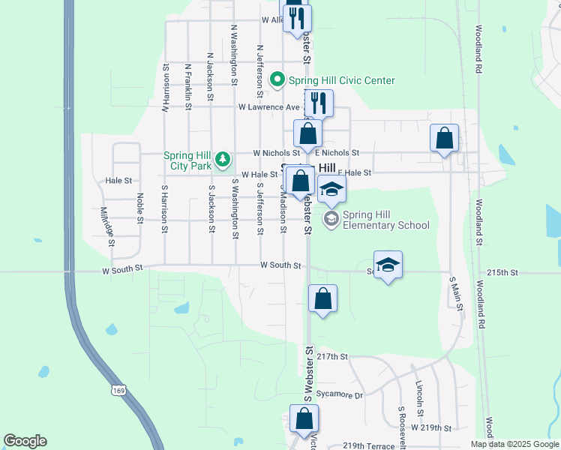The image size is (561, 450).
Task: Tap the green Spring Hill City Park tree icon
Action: tap(222, 159)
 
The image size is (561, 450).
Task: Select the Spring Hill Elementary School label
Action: tap(385, 220)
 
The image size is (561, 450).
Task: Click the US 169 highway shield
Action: tap(117, 390)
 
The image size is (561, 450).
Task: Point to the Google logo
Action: tap(25, 441)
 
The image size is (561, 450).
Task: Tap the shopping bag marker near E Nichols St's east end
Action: tap(445, 139)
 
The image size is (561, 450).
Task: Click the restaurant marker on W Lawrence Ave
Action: tap(318, 103)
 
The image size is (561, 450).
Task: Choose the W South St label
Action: tap(280, 265)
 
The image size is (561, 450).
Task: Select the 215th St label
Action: tap(502, 271)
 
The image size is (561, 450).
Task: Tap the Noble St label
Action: tap(140, 208)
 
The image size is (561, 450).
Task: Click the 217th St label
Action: tap(333, 358)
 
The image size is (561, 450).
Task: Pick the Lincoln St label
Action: tap(420, 397)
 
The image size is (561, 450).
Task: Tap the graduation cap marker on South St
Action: tap(388, 265)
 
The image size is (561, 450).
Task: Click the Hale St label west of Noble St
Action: tap(118, 181)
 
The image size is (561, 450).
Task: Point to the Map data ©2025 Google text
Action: tap(514, 444)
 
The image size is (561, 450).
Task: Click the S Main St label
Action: tap(453, 289)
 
